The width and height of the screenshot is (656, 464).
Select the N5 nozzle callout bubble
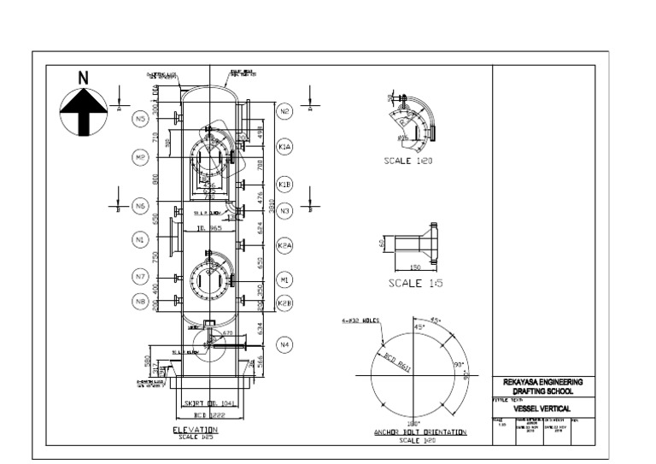[x=142, y=120]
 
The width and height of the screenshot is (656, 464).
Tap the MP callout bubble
[x=142, y=157]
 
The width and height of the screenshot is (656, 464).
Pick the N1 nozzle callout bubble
[x=142, y=241]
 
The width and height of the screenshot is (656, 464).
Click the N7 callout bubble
[x=142, y=276]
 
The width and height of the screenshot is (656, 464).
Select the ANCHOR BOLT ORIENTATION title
[x=419, y=432]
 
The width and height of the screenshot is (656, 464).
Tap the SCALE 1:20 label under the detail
[x=409, y=160]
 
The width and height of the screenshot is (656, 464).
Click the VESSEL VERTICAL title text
[x=542, y=408]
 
